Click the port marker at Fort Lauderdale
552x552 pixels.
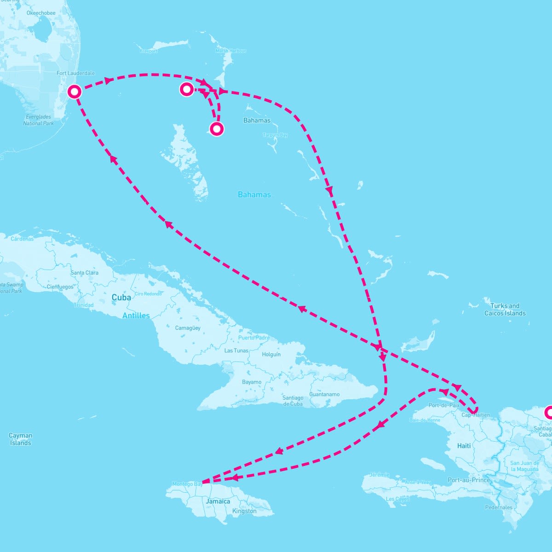click(75, 92)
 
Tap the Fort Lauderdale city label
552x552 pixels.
click(75, 73)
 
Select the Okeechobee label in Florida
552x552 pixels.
click(41, 13)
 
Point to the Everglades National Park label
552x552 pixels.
click(39, 120)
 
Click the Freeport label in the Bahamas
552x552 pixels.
click(149, 51)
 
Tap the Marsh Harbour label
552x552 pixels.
click(231, 51)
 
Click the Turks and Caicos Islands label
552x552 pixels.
click(505, 310)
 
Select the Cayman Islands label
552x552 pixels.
click(21, 439)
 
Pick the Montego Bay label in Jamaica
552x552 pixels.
click(187, 484)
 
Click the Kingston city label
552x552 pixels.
click(244, 511)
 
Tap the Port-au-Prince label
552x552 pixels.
click(469, 480)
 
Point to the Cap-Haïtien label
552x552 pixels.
click(475, 415)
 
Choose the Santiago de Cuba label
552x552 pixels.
click(293, 401)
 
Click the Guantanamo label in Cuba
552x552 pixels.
click(324, 394)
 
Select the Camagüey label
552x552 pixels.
click(188, 328)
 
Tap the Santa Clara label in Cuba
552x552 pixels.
click(84, 273)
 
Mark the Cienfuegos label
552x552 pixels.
click(60, 287)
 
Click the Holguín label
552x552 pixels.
click(271, 354)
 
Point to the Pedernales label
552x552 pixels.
click(499, 507)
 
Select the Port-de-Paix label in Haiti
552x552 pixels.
click(444, 405)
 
